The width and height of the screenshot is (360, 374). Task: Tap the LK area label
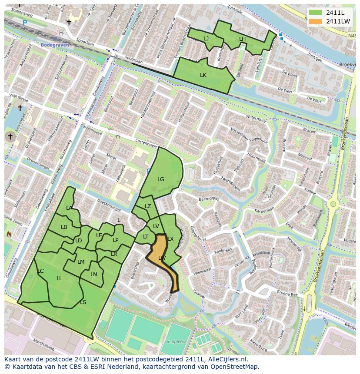click(x=203, y=75)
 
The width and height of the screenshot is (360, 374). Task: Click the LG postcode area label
click(x=161, y=179)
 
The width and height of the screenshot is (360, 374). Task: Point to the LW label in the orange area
click(x=162, y=258)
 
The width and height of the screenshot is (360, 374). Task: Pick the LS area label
click(x=83, y=302)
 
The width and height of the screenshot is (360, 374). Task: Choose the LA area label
click(x=69, y=208)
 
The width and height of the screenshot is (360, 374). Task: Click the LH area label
click(x=242, y=39)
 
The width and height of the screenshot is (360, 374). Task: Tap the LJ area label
click(x=206, y=39)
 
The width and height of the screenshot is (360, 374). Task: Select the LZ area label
click(x=148, y=206)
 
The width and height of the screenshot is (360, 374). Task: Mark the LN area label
click(x=94, y=275)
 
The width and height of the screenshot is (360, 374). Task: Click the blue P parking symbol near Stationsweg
click(x=25, y=23)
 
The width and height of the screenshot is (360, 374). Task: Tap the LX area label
click(x=170, y=239)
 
